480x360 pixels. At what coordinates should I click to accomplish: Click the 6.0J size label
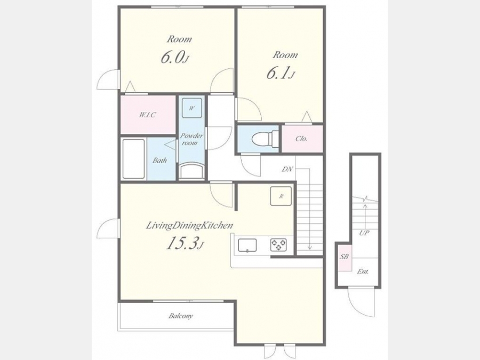[x=174, y=57]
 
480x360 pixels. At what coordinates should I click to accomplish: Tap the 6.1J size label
[x=281, y=74]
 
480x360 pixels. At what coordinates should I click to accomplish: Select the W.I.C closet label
[x=148, y=115]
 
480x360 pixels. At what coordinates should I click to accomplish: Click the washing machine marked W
[x=192, y=108]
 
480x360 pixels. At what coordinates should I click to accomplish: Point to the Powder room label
[x=191, y=139]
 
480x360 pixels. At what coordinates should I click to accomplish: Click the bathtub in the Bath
[x=133, y=159]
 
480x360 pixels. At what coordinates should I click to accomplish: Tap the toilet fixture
[x=265, y=139]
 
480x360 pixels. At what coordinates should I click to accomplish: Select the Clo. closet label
[x=301, y=139]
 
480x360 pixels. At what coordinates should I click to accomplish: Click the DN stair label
[x=287, y=169]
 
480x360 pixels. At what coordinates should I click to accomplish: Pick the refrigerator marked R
[x=281, y=196]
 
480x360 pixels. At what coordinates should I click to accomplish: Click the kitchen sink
[x=247, y=245]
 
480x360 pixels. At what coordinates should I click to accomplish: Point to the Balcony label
[x=181, y=316]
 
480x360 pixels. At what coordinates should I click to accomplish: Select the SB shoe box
[x=345, y=257]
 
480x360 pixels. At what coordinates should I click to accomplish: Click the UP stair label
[x=364, y=233]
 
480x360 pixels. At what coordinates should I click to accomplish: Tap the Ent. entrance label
[x=363, y=271]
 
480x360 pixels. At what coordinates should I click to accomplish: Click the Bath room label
[x=160, y=160]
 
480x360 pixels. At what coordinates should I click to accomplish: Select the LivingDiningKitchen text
[x=189, y=226]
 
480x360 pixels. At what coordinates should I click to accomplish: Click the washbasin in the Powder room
[x=192, y=171]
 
